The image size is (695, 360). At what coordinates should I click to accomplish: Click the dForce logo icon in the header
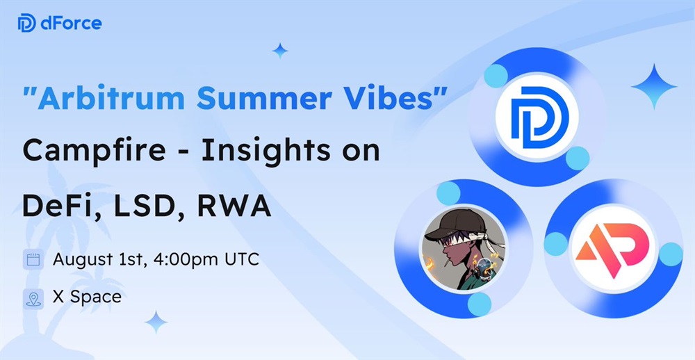tap(26, 23)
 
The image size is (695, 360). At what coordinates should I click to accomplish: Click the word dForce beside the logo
tap(71, 23)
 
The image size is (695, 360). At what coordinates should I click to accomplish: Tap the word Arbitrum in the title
tap(111, 97)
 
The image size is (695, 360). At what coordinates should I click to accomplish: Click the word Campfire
tap(94, 151)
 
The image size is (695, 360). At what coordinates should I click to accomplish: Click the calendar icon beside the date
tap(33, 259)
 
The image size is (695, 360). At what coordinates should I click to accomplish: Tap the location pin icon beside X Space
tap(33, 299)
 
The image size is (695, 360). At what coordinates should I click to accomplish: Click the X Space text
tap(87, 297)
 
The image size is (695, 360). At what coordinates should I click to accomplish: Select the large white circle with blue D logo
tap(537, 117)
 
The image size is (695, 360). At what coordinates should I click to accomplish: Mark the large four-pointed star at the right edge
tap(654, 86)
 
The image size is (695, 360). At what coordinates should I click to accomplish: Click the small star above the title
tap(280, 51)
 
